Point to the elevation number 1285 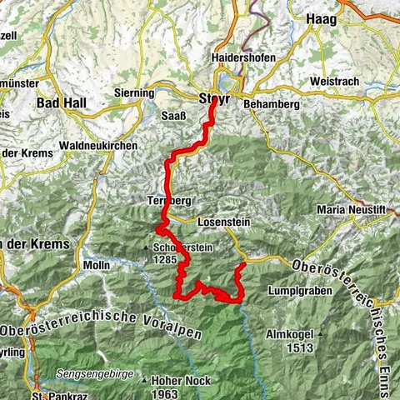165,259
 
